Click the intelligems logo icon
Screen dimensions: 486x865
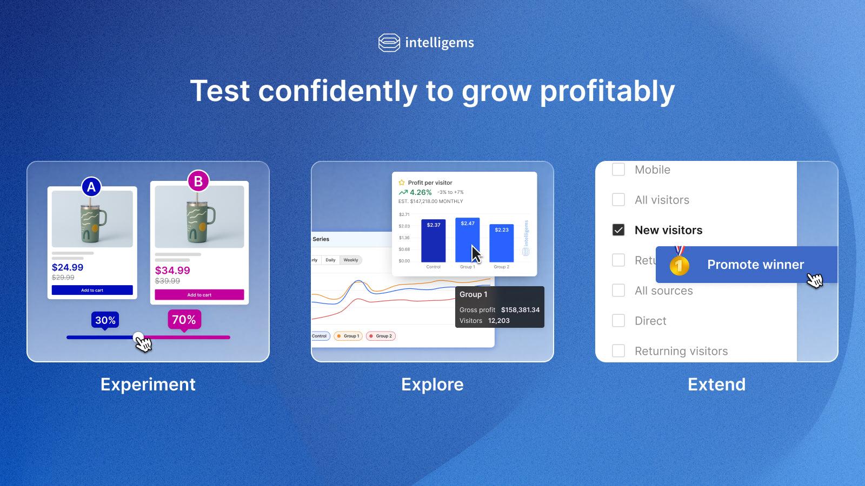point(389,43)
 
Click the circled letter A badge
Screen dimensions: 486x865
point(91,187)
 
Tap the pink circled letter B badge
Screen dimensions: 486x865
point(198,181)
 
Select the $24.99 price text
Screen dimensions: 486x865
point(68,267)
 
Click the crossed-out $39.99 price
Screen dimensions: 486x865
point(168,281)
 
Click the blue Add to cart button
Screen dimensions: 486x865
point(92,290)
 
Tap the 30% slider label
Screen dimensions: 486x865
point(105,320)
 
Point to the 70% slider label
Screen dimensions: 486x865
point(184,320)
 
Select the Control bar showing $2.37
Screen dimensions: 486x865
point(434,241)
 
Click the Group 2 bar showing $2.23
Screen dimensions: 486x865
point(502,244)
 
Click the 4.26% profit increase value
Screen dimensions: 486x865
point(420,192)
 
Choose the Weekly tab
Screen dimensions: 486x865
point(351,260)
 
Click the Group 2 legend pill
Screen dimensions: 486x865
point(381,336)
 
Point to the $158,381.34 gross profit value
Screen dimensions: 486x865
point(520,310)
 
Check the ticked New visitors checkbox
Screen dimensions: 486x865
point(618,230)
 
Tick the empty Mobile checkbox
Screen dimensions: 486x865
point(618,170)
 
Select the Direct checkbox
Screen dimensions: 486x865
point(618,321)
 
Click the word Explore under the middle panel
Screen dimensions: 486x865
point(432,384)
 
